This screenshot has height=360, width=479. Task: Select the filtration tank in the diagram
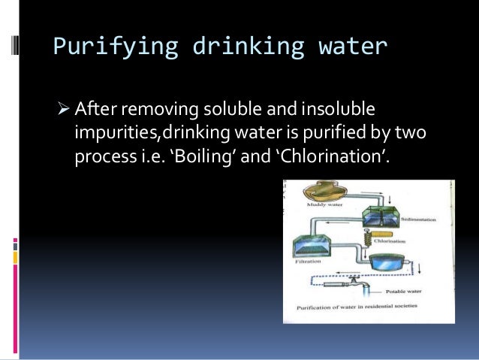[313, 247]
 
